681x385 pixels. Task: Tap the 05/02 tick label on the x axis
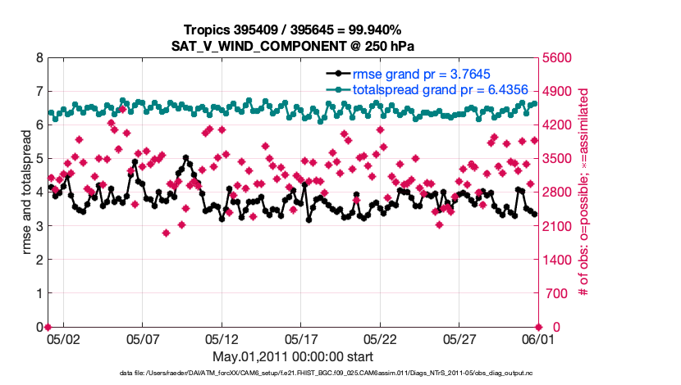[x=63, y=337]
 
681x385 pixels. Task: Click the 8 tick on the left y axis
[x=39, y=58]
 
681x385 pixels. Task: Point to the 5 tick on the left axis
[x=39, y=159]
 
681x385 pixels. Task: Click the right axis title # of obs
[x=584, y=192]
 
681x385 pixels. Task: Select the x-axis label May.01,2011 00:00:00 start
[x=293, y=356]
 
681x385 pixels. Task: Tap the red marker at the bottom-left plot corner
[x=48, y=327]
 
